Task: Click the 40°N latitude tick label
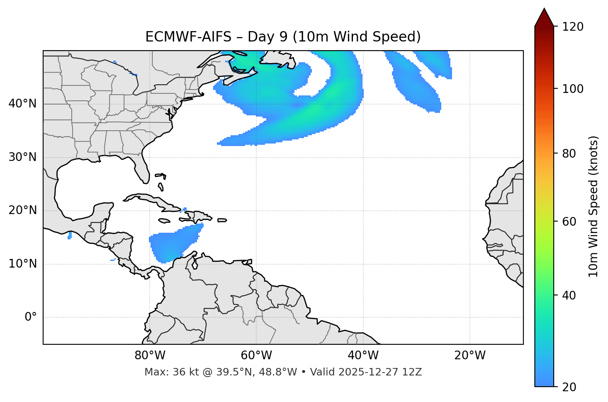click(22, 104)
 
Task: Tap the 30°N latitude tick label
click(22, 157)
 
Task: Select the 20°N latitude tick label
click(22, 210)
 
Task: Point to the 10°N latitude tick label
click(22, 264)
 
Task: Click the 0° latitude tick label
click(31, 317)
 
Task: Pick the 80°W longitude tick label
click(150, 356)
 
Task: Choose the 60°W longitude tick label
click(256, 356)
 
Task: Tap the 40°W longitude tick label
click(363, 356)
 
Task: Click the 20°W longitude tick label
click(470, 356)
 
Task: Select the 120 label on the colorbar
click(572, 27)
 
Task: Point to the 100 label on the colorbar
click(572, 89)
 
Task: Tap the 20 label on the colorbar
click(569, 387)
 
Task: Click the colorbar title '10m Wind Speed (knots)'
click(593, 206)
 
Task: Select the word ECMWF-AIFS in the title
click(188, 37)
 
